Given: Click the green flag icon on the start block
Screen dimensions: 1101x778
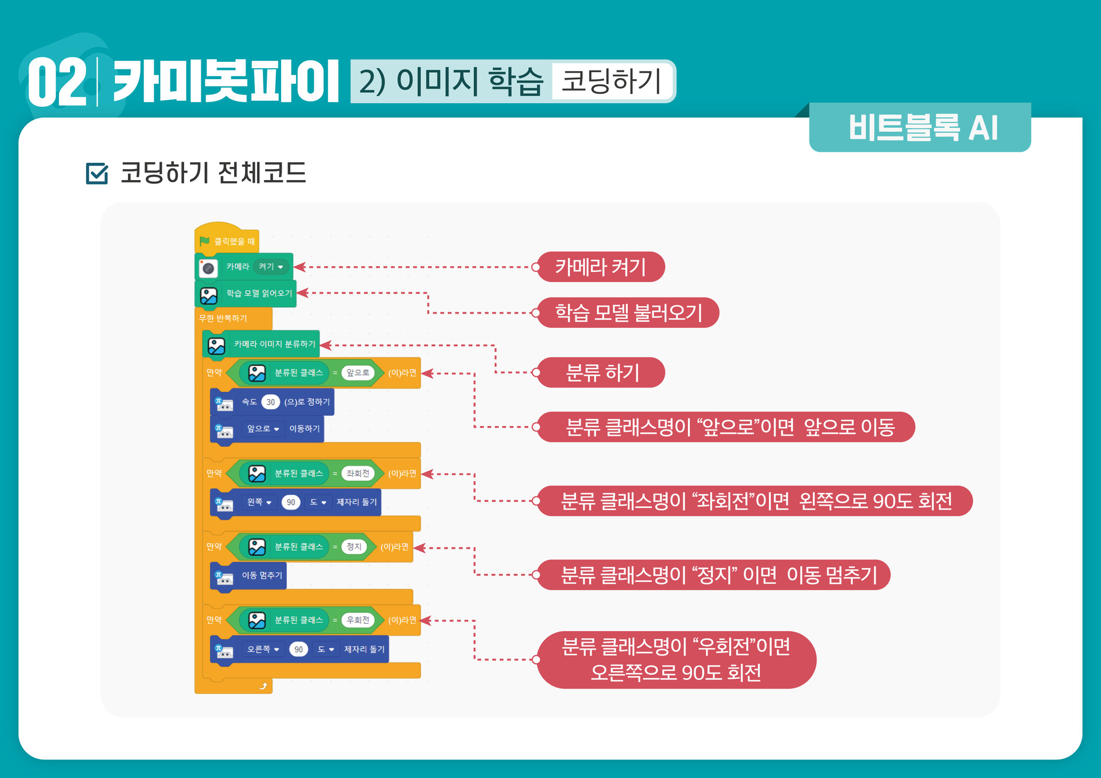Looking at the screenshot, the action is (204, 241).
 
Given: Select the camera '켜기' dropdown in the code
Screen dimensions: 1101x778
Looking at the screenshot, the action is (271, 267).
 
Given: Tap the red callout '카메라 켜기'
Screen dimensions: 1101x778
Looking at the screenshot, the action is (600, 267).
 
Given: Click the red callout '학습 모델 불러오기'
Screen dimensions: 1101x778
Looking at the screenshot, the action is (628, 313).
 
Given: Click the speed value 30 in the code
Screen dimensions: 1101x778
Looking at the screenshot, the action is (270, 402).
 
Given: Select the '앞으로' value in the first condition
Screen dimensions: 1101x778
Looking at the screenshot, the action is (357, 373).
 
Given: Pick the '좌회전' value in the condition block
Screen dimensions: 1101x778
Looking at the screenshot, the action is (357, 474).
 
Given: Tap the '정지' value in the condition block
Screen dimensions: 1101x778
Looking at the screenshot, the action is (354, 547).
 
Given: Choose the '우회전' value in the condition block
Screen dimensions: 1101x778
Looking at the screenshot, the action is (357, 620).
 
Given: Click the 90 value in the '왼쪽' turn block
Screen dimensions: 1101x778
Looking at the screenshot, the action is (291, 502).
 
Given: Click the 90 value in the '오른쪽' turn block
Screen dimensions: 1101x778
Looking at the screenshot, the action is (298, 650).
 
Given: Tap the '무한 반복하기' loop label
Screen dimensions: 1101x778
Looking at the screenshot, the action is (223, 318).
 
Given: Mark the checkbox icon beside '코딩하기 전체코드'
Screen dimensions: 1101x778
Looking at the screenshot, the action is (97, 173).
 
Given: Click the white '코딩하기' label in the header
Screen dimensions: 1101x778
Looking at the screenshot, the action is (610, 81).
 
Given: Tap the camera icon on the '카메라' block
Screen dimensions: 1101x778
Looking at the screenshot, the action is (208, 268).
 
